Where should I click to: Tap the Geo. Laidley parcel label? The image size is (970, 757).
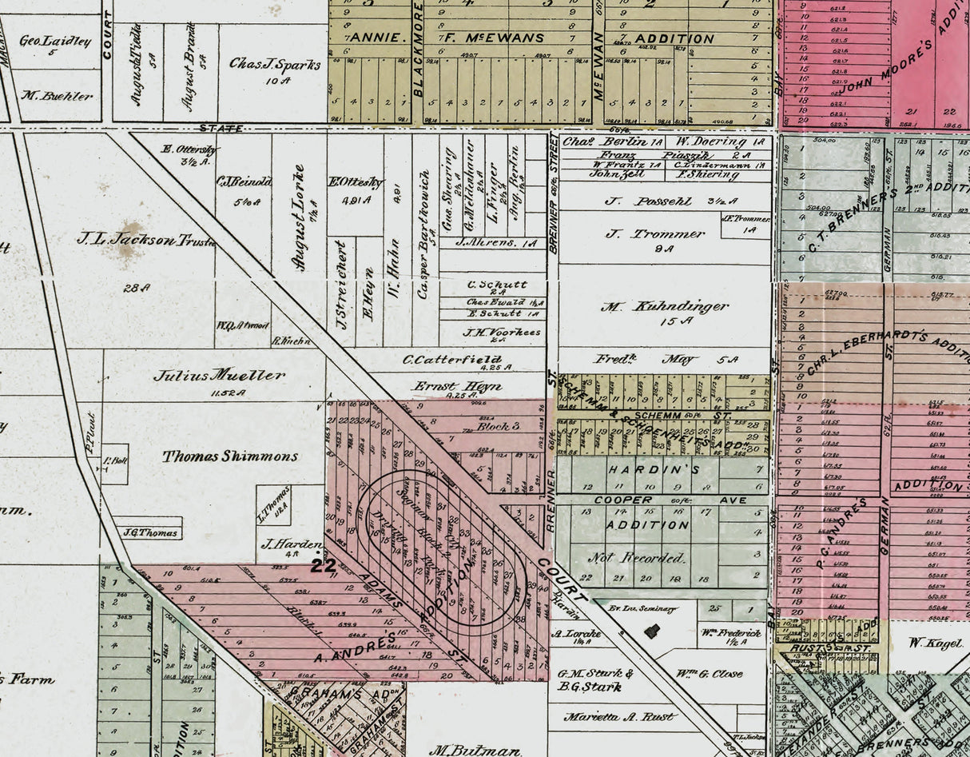(54, 41)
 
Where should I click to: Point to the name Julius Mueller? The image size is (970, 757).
(219, 375)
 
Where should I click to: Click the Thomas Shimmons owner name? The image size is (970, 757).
(230, 456)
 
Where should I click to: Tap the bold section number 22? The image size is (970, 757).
(323, 565)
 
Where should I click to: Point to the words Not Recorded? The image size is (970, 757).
(637, 557)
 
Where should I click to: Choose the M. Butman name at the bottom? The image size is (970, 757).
(463, 751)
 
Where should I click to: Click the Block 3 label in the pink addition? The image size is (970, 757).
(499, 426)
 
